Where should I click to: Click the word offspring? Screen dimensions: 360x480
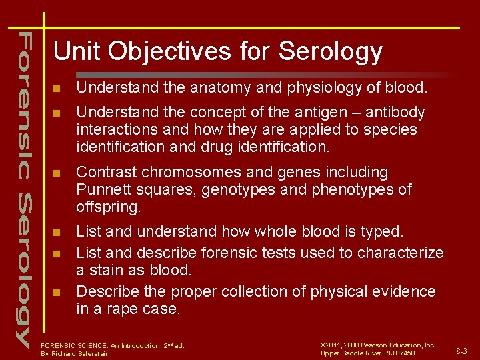(109, 207)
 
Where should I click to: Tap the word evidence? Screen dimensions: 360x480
(405, 291)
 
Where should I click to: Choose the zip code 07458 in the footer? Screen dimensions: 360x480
(403, 353)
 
